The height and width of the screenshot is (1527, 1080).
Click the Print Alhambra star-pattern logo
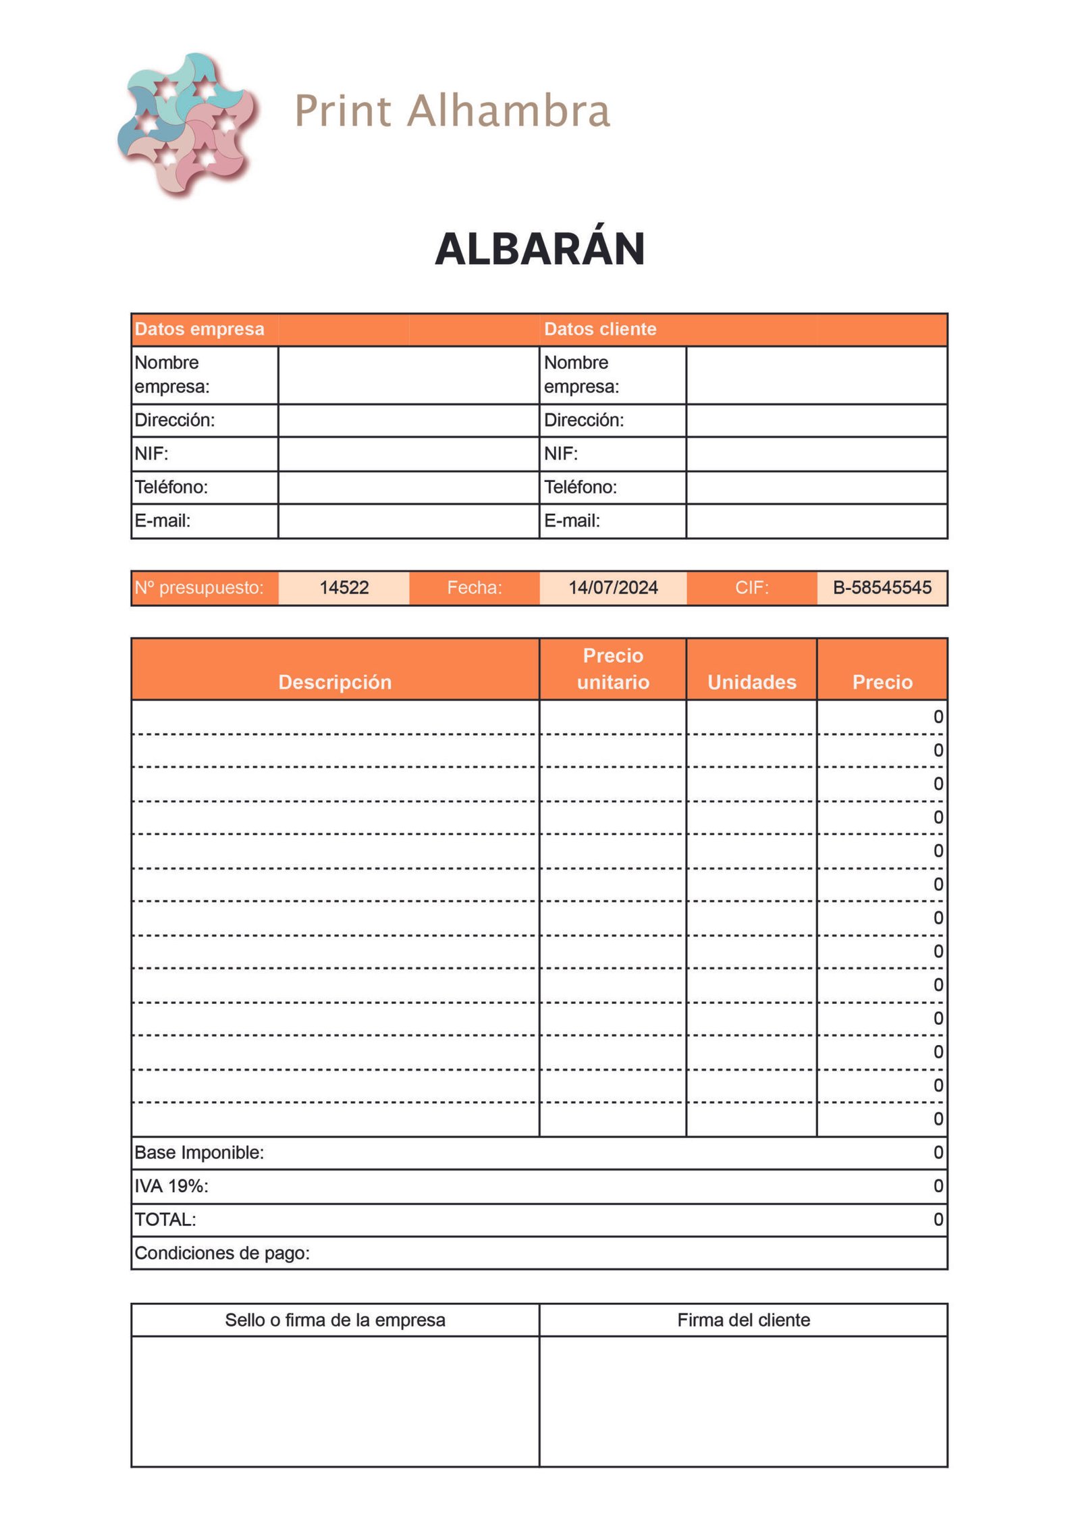(x=186, y=124)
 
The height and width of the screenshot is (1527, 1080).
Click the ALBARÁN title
(x=539, y=249)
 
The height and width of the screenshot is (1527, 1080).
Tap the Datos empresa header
(x=199, y=329)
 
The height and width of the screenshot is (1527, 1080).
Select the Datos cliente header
(x=599, y=329)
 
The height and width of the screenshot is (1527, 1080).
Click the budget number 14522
(x=344, y=587)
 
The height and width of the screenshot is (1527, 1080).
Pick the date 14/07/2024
(x=612, y=587)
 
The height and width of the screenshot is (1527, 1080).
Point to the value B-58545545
(x=882, y=587)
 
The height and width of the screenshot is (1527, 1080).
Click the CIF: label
(x=751, y=587)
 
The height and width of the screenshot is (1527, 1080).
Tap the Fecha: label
(x=474, y=587)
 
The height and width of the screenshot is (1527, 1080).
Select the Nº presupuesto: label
(x=198, y=587)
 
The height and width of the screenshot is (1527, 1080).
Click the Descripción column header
(x=335, y=682)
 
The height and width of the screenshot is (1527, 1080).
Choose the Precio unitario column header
(x=612, y=668)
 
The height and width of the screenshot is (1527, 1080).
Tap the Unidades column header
(x=751, y=682)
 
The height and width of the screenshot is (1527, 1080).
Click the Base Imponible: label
(x=199, y=1152)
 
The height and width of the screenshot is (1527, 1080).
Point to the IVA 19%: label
(x=171, y=1186)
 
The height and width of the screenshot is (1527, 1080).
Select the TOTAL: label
(x=165, y=1219)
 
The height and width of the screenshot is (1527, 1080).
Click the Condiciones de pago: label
(x=222, y=1253)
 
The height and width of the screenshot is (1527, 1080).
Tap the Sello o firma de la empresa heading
(x=335, y=1320)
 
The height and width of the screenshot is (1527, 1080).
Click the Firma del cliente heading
(x=743, y=1320)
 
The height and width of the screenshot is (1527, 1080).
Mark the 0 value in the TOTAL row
(x=938, y=1219)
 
